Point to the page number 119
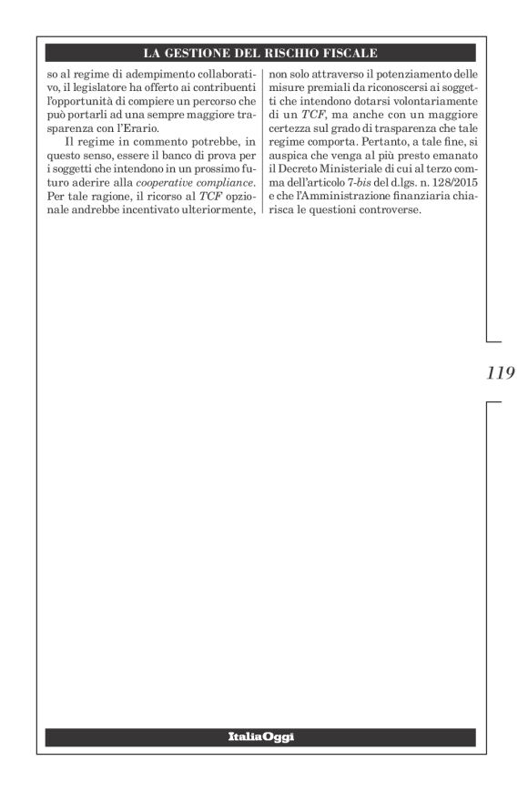pyautogui.click(x=501, y=372)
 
